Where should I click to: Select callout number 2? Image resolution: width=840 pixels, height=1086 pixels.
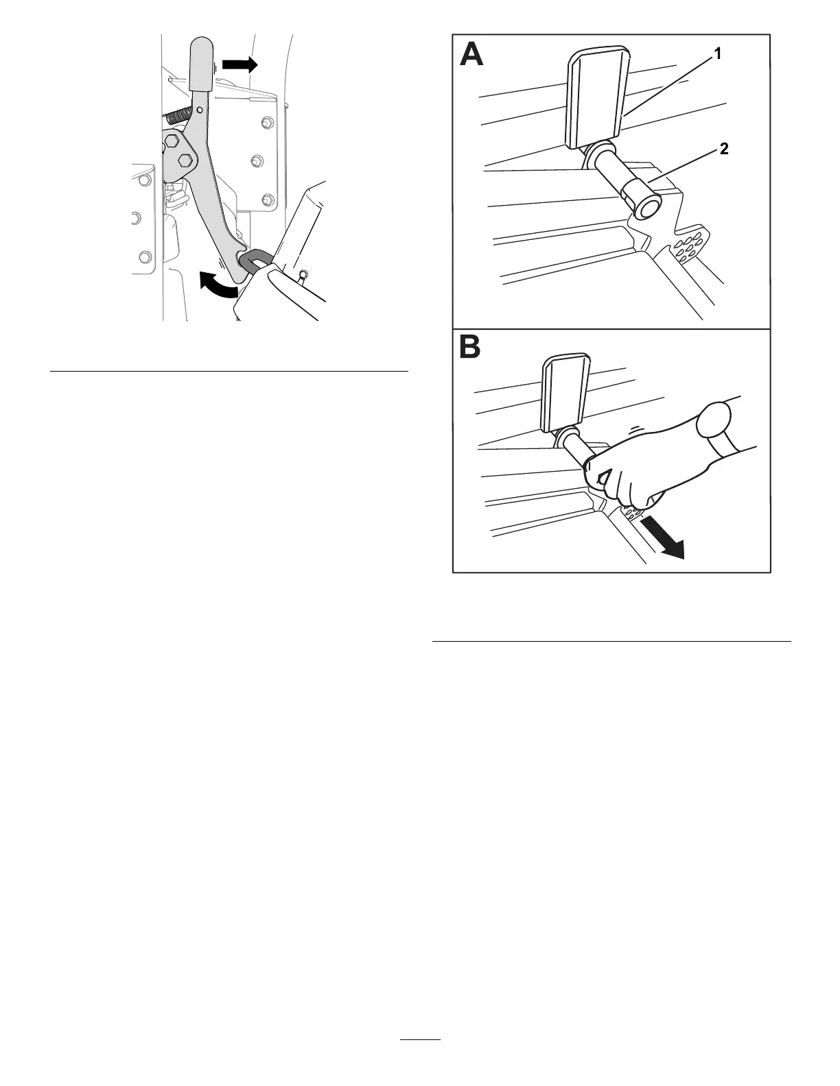[x=723, y=149]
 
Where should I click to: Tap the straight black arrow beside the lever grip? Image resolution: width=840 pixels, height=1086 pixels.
[x=240, y=65]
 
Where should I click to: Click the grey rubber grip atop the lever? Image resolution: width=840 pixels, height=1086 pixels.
[x=201, y=64]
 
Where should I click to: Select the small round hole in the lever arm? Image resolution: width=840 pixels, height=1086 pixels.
[x=200, y=109]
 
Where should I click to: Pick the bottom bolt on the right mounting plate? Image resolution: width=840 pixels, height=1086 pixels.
[x=266, y=200]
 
